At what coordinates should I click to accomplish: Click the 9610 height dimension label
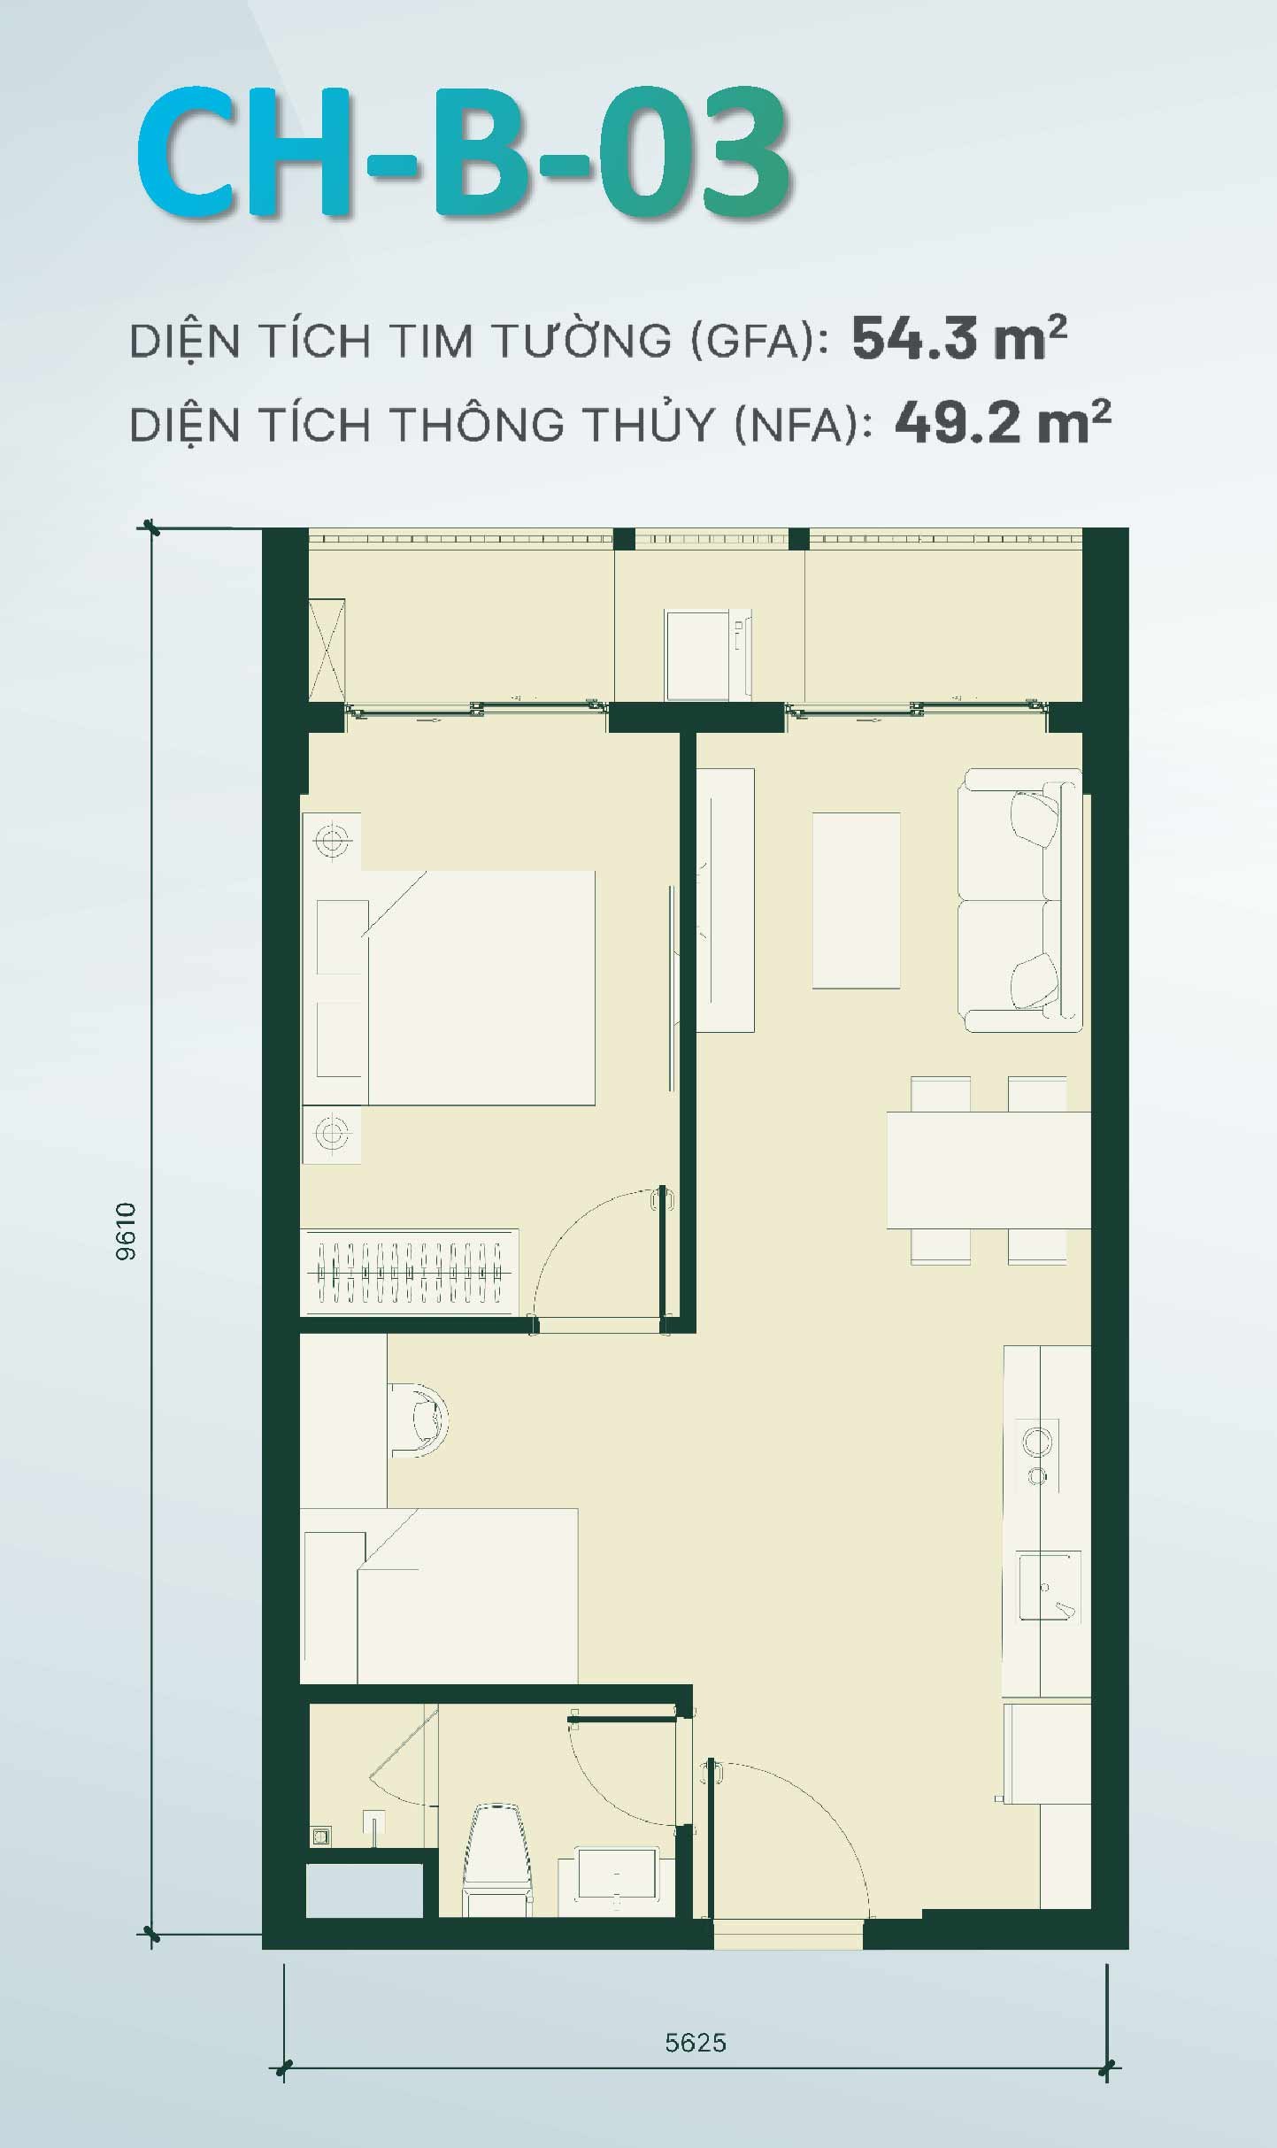pos(127,1231)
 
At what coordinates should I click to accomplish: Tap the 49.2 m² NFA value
pos(1002,422)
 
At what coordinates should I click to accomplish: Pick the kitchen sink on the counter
pos(1049,1585)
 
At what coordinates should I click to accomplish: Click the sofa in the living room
pos(1019,900)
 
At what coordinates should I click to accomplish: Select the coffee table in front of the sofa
pos(856,900)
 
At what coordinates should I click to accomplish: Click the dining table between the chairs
pos(988,1170)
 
